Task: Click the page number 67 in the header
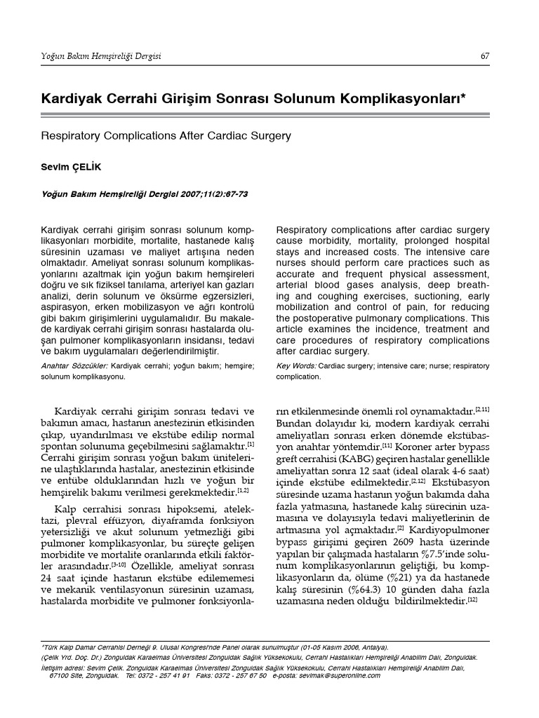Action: [x=485, y=56]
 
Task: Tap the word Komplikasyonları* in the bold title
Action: [x=402, y=100]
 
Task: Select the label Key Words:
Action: [x=296, y=366]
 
